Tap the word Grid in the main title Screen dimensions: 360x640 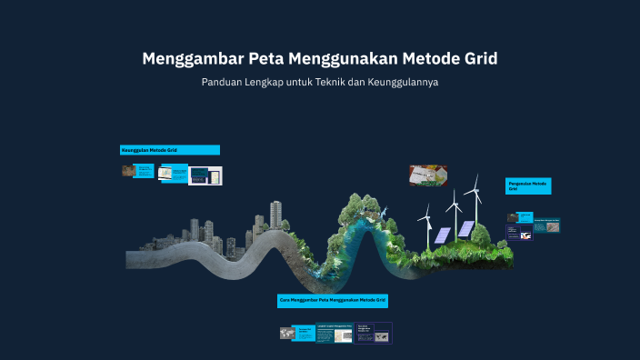click(478, 60)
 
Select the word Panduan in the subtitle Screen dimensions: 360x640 click(224, 83)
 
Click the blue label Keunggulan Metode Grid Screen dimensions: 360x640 click(169, 149)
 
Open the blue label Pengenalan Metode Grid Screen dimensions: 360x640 click(528, 185)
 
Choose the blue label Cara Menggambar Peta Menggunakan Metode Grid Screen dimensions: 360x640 click(333, 299)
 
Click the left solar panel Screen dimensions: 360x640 click(441, 235)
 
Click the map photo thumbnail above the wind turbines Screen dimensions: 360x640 click(427, 174)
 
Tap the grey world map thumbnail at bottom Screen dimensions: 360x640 click(288, 334)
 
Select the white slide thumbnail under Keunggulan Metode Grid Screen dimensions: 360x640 click(173, 172)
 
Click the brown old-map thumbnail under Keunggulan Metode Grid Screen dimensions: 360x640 click(127, 170)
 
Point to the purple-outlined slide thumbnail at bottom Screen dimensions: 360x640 click(373, 333)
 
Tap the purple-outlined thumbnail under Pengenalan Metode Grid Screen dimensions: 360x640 click(545, 225)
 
